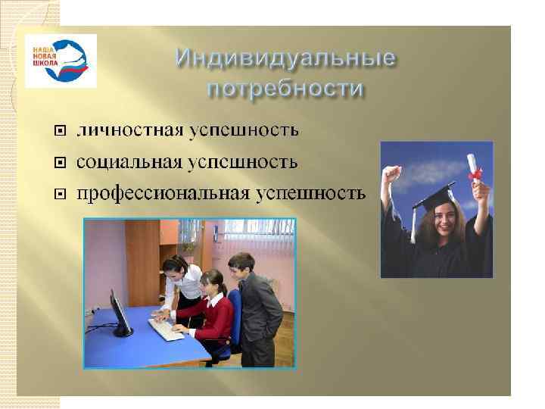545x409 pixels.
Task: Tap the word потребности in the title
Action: (285, 89)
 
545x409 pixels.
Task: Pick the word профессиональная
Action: (163, 194)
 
